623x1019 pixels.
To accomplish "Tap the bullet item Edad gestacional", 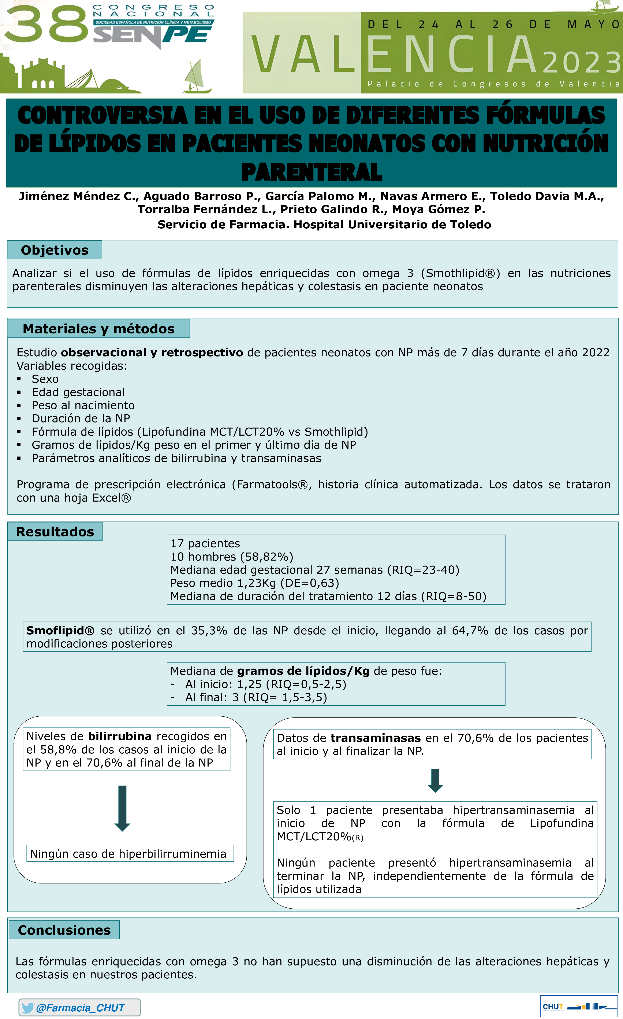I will (x=78, y=392).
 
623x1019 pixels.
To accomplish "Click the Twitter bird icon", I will (x=28, y=1008).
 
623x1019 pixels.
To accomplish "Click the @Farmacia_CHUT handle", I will (x=80, y=1008).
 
